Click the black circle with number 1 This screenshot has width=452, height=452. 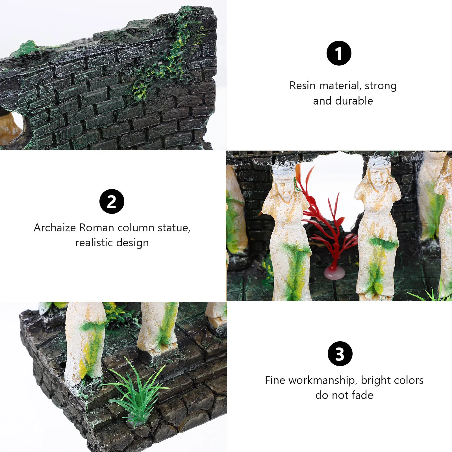tap(339, 53)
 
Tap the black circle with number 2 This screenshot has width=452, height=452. tap(112, 201)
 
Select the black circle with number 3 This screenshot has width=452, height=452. tap(340, 354)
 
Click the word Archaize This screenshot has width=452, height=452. tap(55, 228)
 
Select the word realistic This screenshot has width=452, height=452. tap(94, 243)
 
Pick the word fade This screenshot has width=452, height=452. tap(362, 395)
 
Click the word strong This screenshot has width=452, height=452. tap(381, 86)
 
